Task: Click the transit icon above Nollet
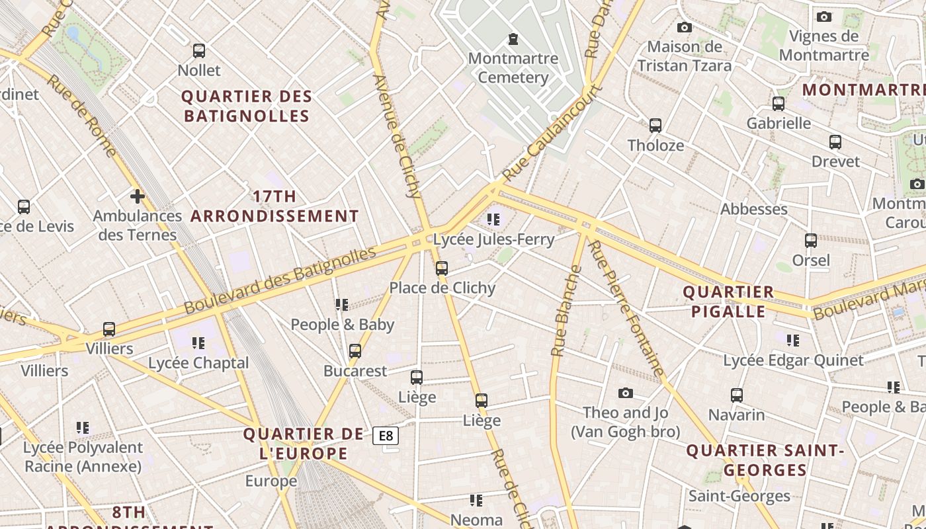pyautogui.click(x=198, y=51)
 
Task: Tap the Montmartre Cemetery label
pyautogui.click(x=513, y=68)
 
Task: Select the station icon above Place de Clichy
pyautogui.click(x=442, y=268)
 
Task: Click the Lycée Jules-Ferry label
pyautogui.click(x=493, y=239)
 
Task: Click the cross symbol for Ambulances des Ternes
pyautogui.click(x=138, y=196)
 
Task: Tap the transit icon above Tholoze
pyautogui.click(x=655, y=126)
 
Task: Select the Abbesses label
pyautogui.click(x=753, y=209)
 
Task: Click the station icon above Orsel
pyautogui.click(x=811, y=241)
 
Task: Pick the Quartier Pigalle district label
pyautogui.click(x=728, y=302)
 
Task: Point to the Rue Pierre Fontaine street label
pyautogui.click(x=626, y=309)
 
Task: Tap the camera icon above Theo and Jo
pyautogui.click(x=625, y=393)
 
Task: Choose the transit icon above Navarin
pyautogui.click(x=736, y=395)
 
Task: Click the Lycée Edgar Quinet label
pyautogui.click(x=793, y=360)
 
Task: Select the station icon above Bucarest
pyautogui.click(x=355, y=351)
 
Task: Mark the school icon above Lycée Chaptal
pyautogui.click(x=198, y=343)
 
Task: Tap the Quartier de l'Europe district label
pyautogui.click(x=304, y=444)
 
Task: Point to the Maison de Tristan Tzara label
pyautogui.click(x=685, y=56)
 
